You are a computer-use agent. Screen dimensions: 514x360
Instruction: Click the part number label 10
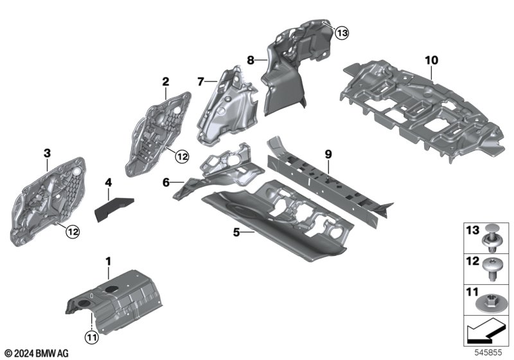click(431, 60)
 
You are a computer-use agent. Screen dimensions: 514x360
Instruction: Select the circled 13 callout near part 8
click(342, 33)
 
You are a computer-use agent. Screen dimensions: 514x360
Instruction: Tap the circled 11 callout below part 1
click(92, 337)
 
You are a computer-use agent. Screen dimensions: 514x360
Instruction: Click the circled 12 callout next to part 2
click(182, 157)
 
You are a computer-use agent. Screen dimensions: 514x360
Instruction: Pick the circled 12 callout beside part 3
click(73, 232)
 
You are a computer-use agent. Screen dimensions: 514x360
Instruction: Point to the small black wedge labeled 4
click(114, 208)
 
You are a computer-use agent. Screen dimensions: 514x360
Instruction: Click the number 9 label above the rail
click(328, 154)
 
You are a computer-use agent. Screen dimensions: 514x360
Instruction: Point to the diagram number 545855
click(488, 352)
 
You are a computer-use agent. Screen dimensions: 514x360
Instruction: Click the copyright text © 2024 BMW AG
click(37, 354)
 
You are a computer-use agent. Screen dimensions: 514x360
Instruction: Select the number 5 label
click(236, 232)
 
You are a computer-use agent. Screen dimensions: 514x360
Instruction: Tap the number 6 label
click(166, 183)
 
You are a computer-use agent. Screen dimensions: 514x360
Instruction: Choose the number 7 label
click(200, 81)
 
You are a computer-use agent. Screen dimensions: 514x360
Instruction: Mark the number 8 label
click(251, 60)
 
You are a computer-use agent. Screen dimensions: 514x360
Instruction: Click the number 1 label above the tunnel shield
click(108, 262)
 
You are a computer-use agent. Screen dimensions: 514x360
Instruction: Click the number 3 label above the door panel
click(48, 153)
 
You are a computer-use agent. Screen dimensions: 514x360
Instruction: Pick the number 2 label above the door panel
click(166, 82)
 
